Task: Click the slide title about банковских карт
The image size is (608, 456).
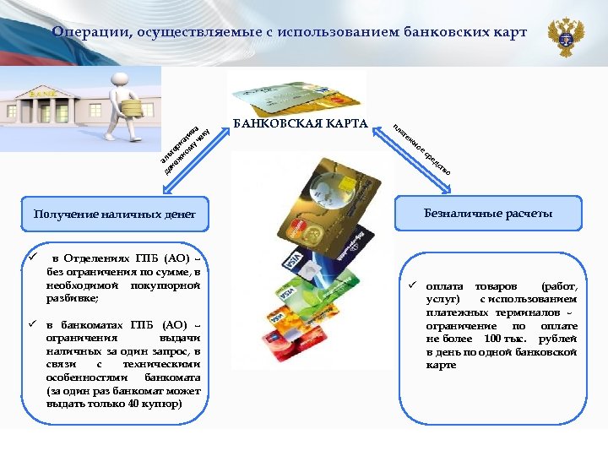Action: [x=288, y=32]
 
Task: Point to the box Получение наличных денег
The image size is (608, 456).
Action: [x=114, y=214]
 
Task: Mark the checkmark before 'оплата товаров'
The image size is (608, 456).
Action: [x=414, y=286]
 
